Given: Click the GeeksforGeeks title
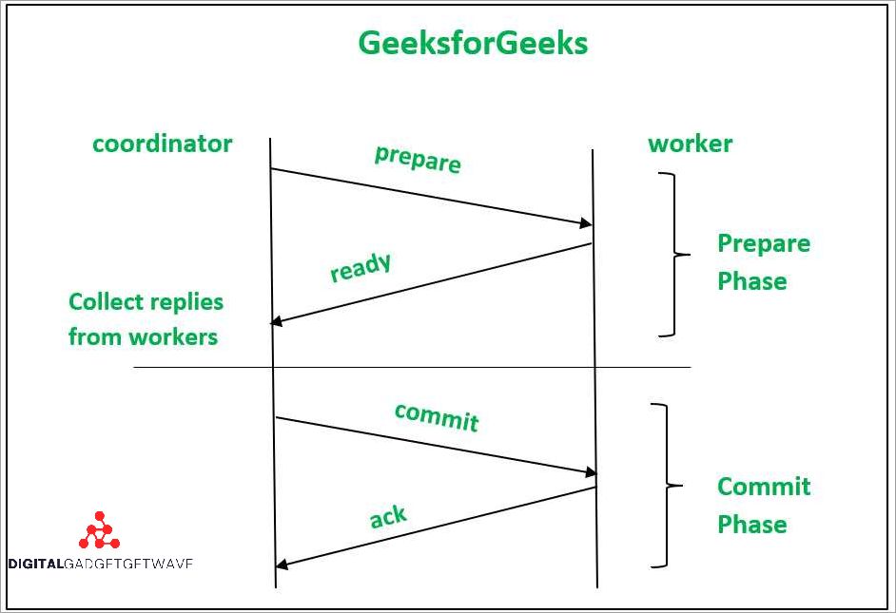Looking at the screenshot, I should pos(473,43).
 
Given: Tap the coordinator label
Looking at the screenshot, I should pos(162,144).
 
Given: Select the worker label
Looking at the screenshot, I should pos(690,144).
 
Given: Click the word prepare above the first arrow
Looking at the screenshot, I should pos(418,159).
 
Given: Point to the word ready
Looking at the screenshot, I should pos(360,267).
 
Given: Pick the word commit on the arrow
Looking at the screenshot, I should pos(437,416).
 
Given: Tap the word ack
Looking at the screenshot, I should pos(388,517).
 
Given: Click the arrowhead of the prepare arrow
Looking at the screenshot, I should pos(586,224).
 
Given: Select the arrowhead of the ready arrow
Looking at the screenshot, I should pos(278,321).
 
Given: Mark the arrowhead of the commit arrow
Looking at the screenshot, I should pos(590,472).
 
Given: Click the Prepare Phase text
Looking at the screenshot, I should pos(763,262).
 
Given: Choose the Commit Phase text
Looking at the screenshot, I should pos(763,505).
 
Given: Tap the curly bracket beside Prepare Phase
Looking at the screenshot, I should pos(673,255).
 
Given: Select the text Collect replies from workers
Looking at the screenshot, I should pos(146,319).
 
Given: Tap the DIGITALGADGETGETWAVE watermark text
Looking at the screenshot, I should pos(100,563).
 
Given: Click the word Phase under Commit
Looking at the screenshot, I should pos(751,525).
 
